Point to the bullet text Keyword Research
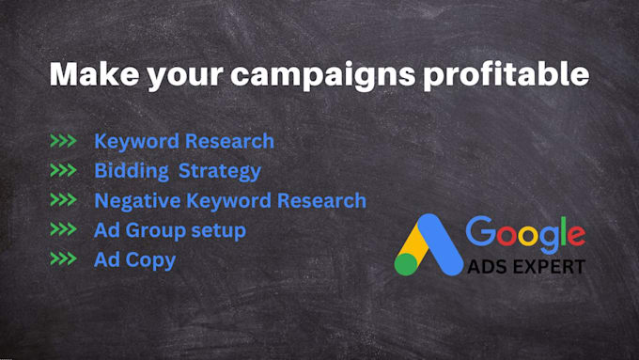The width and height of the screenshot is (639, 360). coord(184,142)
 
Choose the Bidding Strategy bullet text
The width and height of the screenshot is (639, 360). coord(177,172)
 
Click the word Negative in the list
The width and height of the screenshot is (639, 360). coord(138,201)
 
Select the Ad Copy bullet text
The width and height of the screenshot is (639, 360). coord(134,260)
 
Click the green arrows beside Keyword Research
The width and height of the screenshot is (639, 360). coord(63,142)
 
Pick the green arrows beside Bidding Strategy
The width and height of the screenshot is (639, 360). coord(63,171)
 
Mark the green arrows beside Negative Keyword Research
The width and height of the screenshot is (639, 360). coord(63,201)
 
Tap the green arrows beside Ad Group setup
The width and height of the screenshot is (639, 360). coord(63,230)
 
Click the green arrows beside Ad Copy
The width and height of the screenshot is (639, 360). coord(63,260)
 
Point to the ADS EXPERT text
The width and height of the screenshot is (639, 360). coord(524,266)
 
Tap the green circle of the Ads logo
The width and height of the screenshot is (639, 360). coord(406,264)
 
